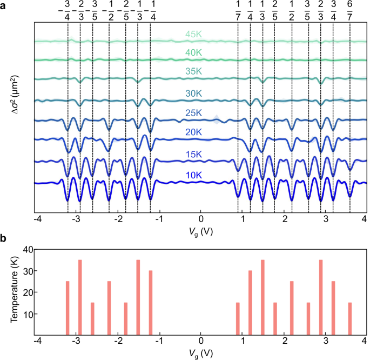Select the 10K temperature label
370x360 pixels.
(x=194, y=175)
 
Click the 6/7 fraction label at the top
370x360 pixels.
(x=350, y=11)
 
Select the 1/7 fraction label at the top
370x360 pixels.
(x=238, y=11)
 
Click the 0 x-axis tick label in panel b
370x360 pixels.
(x=200, y=341)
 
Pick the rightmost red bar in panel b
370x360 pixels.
(x=350, y=319)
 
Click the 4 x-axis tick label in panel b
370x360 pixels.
(x=364, y=341)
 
